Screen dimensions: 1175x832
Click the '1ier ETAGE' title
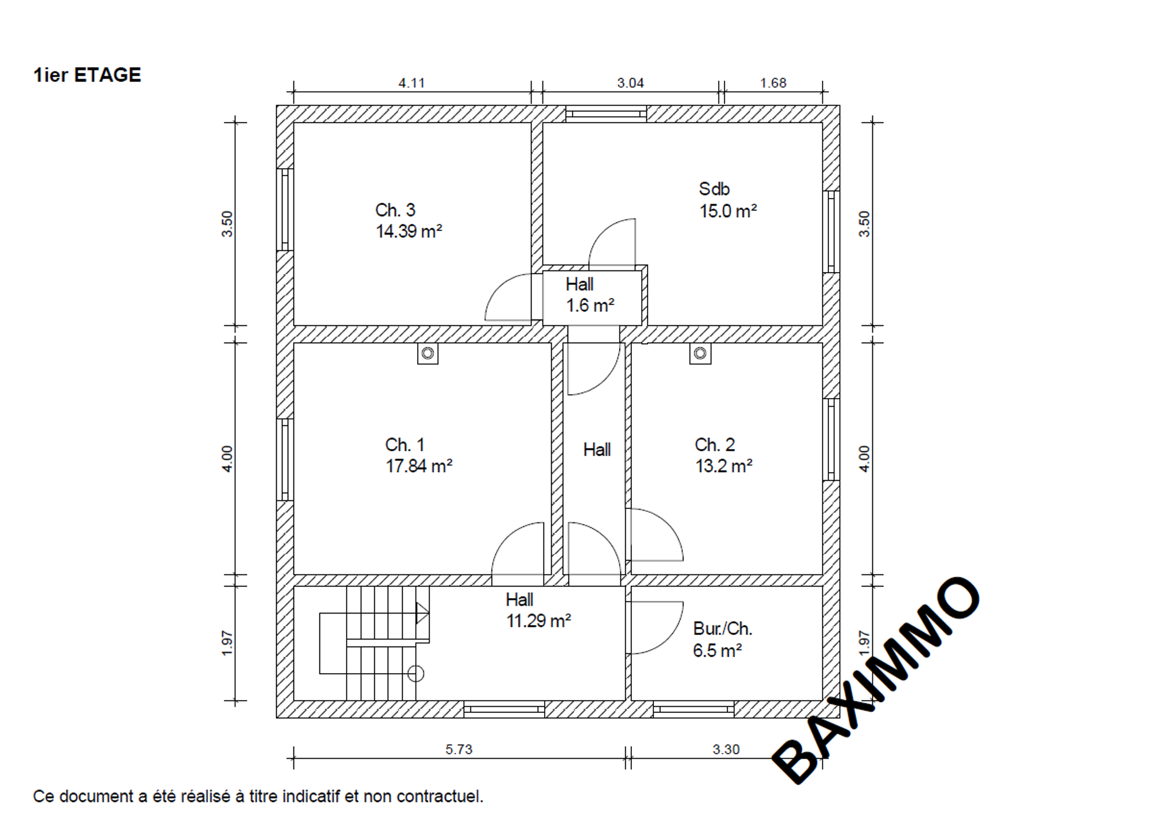(x=87, y=75)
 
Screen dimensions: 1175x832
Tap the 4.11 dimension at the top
(x=411, y=83)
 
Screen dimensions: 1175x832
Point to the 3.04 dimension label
(x=630, y=83)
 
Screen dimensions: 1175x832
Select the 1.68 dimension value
(x=773, y=83)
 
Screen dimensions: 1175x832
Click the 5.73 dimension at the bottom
(x=459, y=749)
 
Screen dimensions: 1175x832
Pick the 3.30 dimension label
(x=726, y=749)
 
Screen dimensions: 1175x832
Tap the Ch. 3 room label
(x=395, y=210)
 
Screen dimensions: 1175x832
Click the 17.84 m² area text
(x=419, y=466)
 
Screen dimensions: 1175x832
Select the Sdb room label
(x=715, y=189)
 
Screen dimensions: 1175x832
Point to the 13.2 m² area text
(x=724, y=466)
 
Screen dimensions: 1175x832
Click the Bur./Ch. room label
(x=723, y=629)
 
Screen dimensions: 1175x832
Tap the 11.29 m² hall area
(x=539, y=621)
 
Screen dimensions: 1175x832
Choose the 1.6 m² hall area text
(x=590, y=305)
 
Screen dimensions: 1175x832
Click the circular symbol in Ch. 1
(x=427, y=353)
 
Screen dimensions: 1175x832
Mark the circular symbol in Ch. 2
(x=700, y=353)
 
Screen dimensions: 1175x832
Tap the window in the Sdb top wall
(x=606, y=114)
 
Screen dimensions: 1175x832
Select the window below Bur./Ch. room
(x=694, y=709)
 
